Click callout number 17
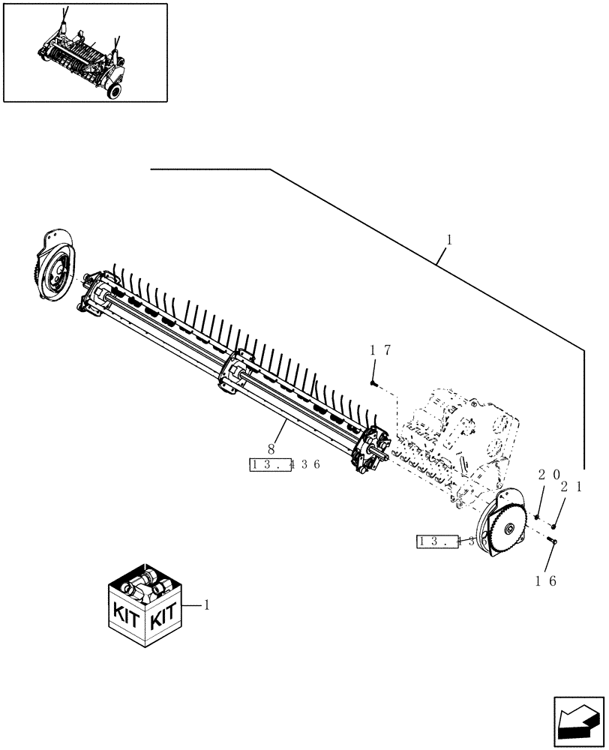click(380, 350)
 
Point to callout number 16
click(546, 580)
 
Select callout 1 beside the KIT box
click(208, 604)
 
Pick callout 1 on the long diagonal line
click(448, 240)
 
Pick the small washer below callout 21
click(553, 526)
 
